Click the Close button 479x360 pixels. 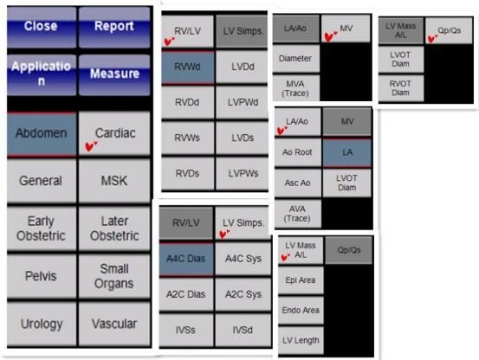(x=42, y=27)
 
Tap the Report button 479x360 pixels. (x=114, y=27)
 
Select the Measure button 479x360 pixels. (x=114, y=74)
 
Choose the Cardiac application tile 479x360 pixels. (x=114, y=133)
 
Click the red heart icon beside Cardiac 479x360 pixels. (x=91, y=146)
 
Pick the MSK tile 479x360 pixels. (x=114, y=181)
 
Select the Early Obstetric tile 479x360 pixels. (x=42, y=228)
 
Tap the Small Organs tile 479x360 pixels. (x=114, y=276)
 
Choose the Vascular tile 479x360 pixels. (x=114, y=324)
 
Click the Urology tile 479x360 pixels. (x=42, y=324)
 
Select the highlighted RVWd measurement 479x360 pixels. (x=188, y=67)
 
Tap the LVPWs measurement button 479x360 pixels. (x=243, y=173)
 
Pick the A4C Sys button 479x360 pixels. (x=243, y=259)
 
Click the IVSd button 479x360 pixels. (x=243, y=330)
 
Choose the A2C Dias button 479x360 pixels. (x=186, y=294)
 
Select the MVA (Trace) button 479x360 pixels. (x=295, y=88)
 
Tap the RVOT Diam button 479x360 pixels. (x=400, y=88)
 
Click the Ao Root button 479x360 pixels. (x=298, y=152)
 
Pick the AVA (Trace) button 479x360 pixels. (x=298, y=214)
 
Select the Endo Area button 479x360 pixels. (x=301, y=311)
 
